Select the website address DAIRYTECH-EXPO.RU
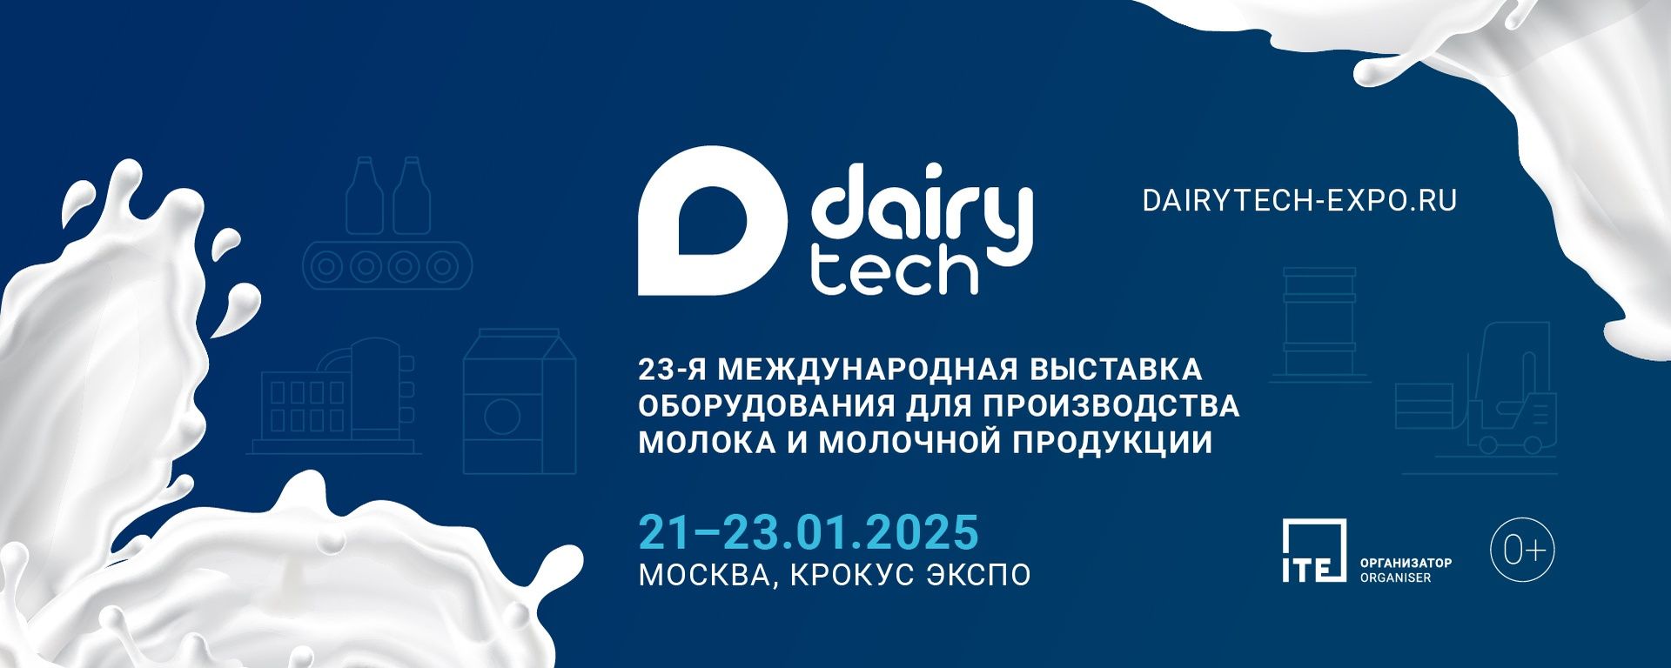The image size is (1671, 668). (x=1299, y=201)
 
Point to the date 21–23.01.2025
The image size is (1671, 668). (x=809, y=532)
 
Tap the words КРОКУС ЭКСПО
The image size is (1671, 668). (x=910, y=575)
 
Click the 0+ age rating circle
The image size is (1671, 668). (x=1522, y=550)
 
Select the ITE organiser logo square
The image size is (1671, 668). (x=1314, y=550)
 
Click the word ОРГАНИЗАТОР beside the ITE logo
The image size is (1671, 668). (x=1406, y=563)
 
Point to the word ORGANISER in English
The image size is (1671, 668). (x=1395, y=578)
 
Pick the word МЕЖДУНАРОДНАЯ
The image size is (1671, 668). (x=866, y=370)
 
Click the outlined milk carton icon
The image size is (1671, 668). (x=520, y=401)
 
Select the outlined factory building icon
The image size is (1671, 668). (x=334, y=396)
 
